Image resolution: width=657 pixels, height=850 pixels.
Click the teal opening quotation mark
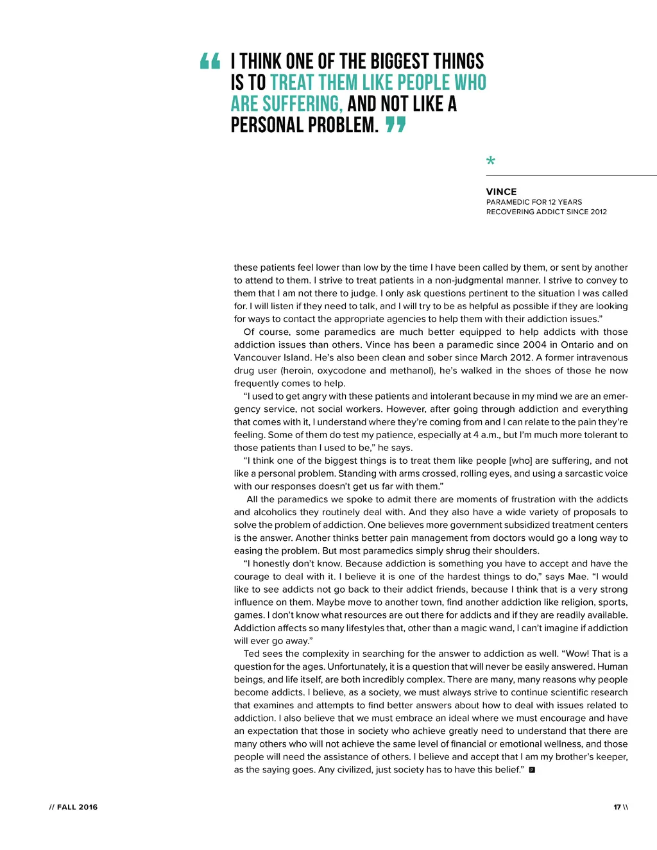[210, 62]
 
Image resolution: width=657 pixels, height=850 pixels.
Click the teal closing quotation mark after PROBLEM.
[396, 124]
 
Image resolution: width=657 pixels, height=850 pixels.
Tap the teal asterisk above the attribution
[491, 161]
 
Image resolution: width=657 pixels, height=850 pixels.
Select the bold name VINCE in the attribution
[501, 192]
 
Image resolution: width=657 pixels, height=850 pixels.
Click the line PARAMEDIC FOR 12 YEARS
[534, 202]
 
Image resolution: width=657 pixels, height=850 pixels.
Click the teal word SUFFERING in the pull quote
[302, 104]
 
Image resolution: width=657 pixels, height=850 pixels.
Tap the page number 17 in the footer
[617, 807]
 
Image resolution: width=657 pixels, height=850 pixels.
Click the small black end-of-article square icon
[532, 770]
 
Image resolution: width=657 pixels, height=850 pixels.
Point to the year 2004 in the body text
[534, 344]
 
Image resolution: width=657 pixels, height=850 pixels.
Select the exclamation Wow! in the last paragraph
[577, 654]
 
